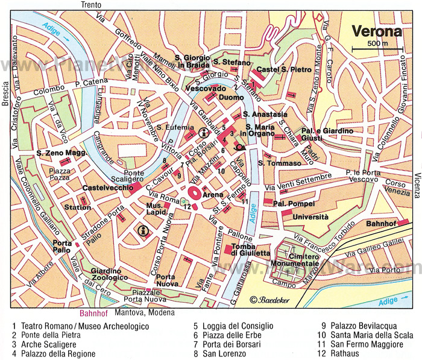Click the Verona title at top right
377,31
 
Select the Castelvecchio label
106,189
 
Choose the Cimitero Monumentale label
295,260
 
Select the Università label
310,216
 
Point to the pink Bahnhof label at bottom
93,313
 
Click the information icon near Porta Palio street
143,230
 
